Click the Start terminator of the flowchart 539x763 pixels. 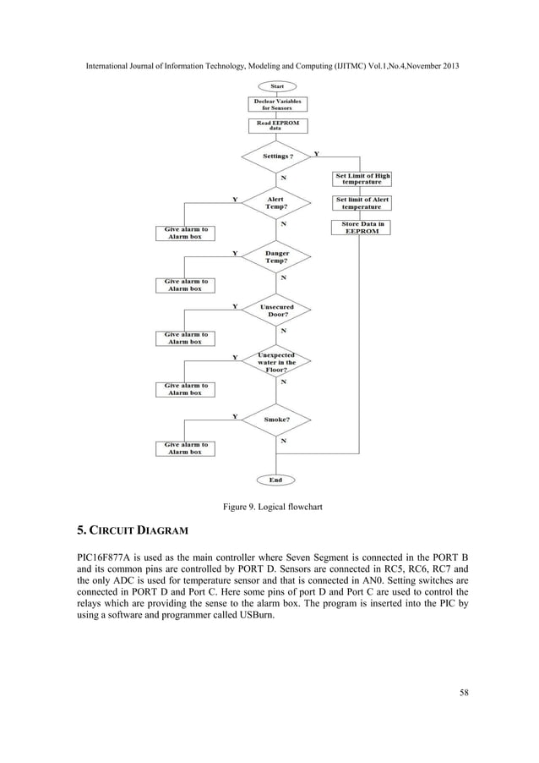(x=276, y=85)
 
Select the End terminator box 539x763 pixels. (x=276, y=480)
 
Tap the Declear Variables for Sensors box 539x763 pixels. (x=276, y=104)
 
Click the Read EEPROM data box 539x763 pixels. (x=276, y=125)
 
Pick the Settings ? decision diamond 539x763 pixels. (x=278, y=156)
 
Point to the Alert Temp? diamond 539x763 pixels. (x=276, y=204)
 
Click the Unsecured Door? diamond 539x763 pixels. (x=277, y=310)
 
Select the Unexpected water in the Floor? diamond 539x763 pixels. (x=277, y=362)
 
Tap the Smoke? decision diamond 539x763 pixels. (x=277, y=420)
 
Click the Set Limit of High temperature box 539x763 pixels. (x=362, y=178)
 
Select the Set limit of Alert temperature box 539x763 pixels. (x=362, y=203)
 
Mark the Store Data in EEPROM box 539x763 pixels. (x=362, y=227)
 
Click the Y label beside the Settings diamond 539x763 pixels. (x=316, y=154)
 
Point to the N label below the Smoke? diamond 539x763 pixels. (x=283, y=441)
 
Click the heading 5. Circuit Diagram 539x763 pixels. (x=129, y=531)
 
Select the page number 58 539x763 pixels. (x=462, y=694)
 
